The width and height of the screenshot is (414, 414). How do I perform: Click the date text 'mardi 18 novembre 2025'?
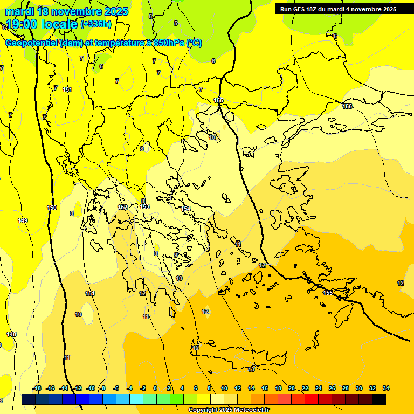[x=67, y=11]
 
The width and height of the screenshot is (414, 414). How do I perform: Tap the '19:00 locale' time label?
[x=41, y=24]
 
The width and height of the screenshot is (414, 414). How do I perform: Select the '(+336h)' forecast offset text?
[x=96, y=24]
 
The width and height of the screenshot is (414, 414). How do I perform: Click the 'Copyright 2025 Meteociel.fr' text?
[x=229, y=410]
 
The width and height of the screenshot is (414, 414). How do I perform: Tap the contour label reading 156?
[x=348, y=106]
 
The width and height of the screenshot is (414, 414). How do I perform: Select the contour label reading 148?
[x=11, y=334]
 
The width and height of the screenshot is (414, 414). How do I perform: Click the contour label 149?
[x=23, y=220]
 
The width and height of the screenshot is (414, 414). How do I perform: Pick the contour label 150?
[x=52, y=208]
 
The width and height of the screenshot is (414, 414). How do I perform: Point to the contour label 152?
[x=123, y=207]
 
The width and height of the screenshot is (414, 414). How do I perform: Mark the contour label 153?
[x=144, y=206]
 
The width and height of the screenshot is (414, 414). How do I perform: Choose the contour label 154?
[x=186, y=209]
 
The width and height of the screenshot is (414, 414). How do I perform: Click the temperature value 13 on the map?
[x=251, y=369]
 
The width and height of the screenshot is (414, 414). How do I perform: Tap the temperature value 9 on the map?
[x=176, y=255]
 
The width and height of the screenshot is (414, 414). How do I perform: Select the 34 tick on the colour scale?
[x=386, y=388]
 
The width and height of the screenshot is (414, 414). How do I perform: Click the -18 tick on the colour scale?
[x=37, y=388]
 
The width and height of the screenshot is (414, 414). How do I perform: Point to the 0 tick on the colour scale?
[x=155, y=388]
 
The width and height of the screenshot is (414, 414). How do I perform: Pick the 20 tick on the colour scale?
[x=292, y=388]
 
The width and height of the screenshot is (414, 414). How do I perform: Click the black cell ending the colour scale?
[x=379, y=399]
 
